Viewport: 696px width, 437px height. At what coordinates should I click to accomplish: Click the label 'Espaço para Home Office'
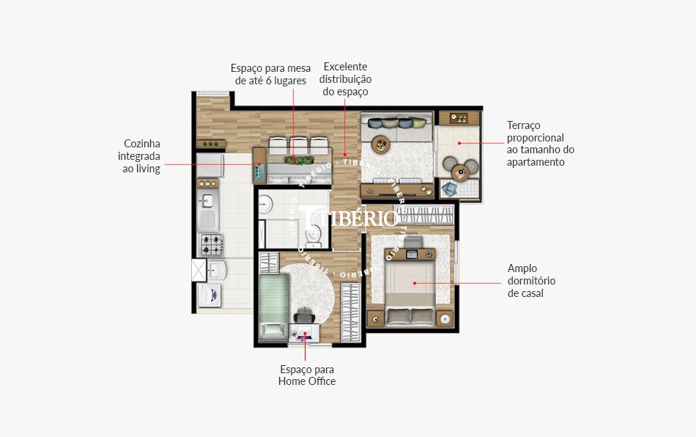[x=307, y=375]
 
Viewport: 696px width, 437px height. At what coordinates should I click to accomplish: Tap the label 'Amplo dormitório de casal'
[x=531, y=281]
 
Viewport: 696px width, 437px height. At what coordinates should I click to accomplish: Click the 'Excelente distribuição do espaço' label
[x=345, y=79]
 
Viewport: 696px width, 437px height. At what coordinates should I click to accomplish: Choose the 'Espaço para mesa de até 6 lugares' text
[x=270, y=74]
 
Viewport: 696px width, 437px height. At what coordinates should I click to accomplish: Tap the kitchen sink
[x=207, y=200]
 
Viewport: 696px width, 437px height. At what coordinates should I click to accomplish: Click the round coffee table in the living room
[x=382, y=143]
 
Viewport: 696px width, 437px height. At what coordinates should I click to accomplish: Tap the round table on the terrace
[x=460, y=173]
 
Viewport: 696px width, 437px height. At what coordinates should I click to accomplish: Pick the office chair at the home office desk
[x=304, y=314]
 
